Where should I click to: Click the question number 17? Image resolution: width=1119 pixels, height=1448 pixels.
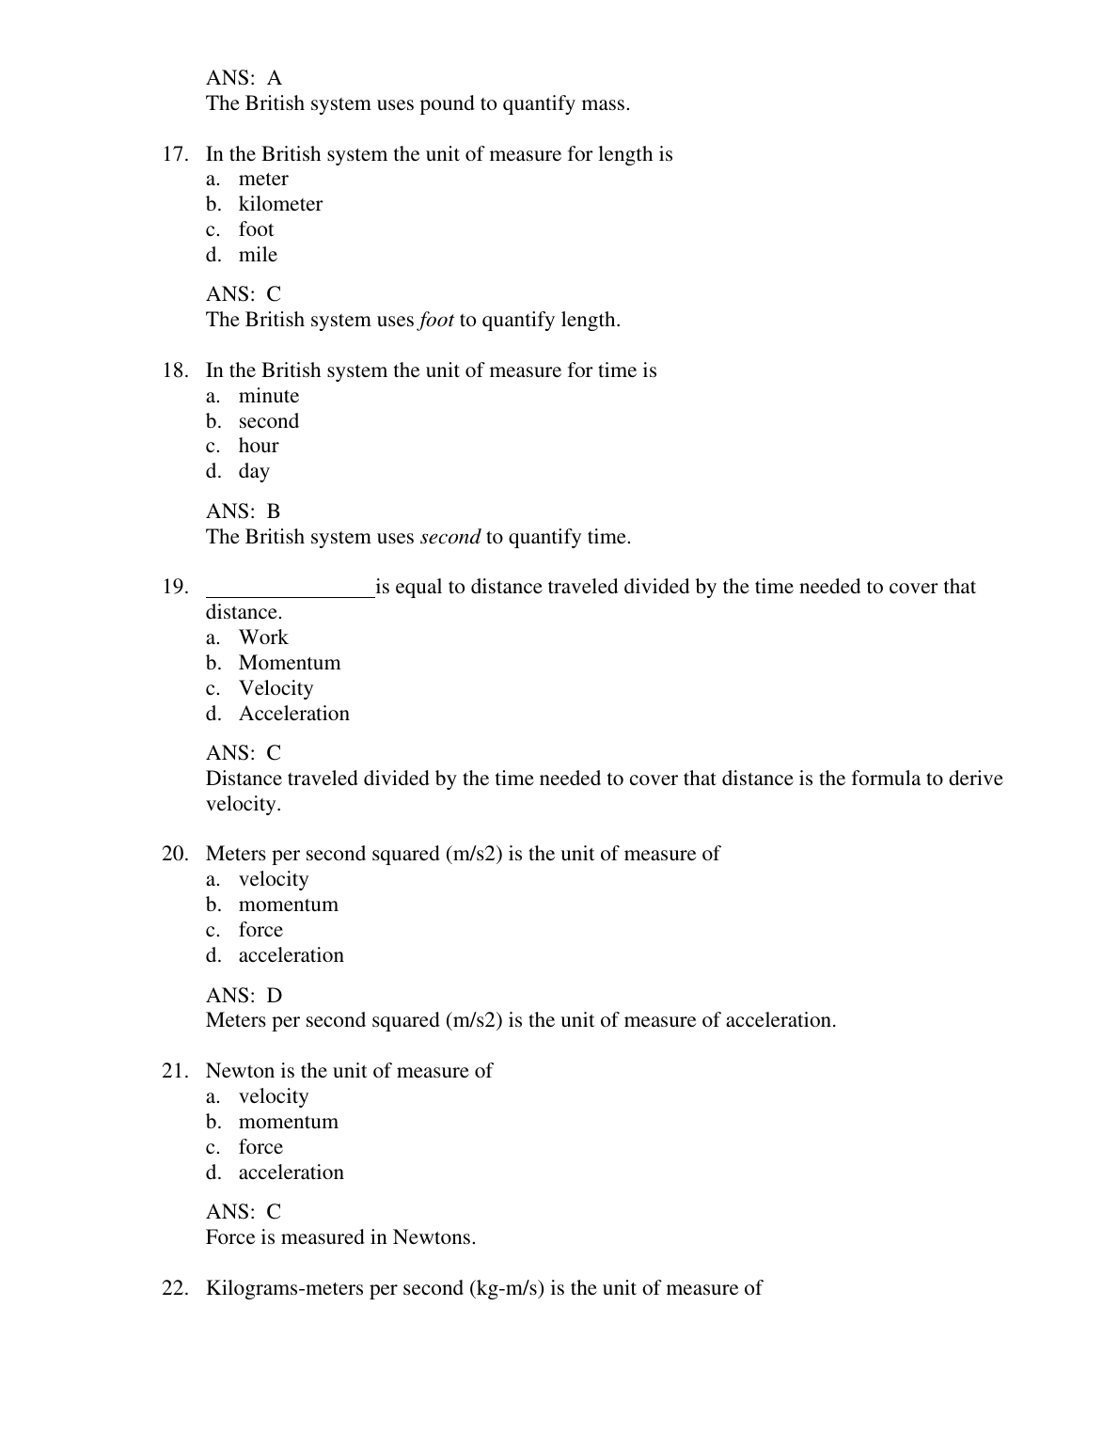click(175, 154)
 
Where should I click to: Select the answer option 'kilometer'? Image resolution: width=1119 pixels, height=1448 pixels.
click(280, 204)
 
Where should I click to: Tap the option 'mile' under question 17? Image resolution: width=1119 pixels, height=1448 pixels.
click(258, 255)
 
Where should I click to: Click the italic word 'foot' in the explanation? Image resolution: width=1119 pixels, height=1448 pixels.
click(436, 320)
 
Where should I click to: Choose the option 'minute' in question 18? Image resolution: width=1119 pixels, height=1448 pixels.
click(269, 396)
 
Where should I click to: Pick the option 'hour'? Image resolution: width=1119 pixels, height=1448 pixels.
click(259, 446)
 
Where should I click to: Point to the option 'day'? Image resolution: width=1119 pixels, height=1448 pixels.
click(254, 471)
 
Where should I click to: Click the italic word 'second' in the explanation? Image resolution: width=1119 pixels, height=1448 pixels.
click(449, 537)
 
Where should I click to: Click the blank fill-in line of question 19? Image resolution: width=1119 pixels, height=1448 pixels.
click(290, 589)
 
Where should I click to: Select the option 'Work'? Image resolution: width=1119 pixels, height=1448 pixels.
click(263, 637)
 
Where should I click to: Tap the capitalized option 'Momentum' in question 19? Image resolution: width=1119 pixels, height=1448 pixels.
click(290, 663)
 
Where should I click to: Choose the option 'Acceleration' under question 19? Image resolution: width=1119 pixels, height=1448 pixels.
click(294, 714)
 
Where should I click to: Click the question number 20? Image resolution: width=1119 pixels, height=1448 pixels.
click(175, 854)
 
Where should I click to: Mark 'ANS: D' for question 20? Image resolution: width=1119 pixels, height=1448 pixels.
click(244, 995)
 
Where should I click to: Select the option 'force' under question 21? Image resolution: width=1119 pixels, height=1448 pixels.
click(260, 1147)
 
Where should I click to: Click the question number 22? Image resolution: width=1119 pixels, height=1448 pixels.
click(175, 1288)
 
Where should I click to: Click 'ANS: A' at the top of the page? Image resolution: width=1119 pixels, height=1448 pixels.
click(244, 78)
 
